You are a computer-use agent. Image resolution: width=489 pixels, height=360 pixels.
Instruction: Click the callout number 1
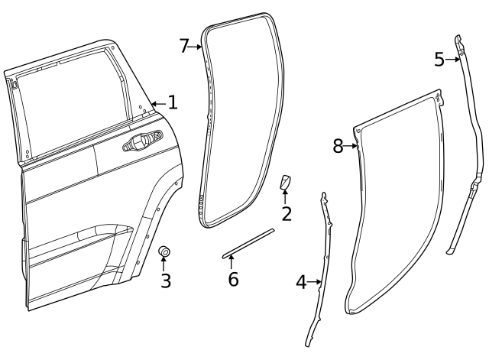tap(173, 102)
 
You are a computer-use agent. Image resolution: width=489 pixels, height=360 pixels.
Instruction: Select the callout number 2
tap(287, 214)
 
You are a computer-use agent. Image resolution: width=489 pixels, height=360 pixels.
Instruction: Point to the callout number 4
tap(302, 282)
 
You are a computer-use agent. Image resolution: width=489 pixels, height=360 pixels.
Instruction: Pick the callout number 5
tap(439, 60)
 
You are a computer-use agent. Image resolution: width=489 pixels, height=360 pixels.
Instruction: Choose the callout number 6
tap(233, 279)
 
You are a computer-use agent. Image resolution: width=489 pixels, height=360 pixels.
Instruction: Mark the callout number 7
tap(184, 46)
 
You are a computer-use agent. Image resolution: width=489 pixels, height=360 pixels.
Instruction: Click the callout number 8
tap(338, 146)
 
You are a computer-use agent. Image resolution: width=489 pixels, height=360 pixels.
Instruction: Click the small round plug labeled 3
tap(163, 252)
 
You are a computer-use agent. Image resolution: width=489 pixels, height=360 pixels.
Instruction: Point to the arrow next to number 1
tap(158, 102)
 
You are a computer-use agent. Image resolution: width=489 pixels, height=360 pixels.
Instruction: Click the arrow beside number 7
tap(196, 47)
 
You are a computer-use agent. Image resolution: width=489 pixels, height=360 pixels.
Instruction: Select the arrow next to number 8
tap(352, 146)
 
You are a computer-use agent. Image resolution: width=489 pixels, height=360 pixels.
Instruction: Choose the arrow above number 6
tap(232, 262)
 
